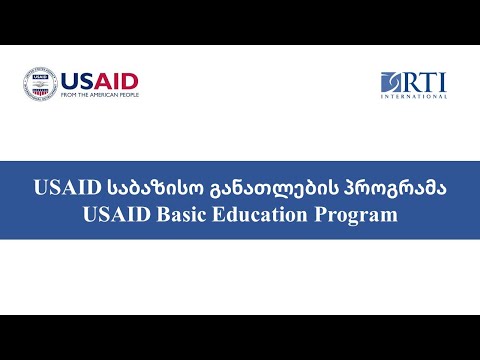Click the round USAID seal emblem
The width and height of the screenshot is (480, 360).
point(40,84)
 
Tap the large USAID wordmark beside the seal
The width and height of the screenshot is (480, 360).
point(99,80)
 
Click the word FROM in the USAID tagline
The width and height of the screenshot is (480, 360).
point(70,95)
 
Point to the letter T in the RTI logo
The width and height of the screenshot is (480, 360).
point(427,80)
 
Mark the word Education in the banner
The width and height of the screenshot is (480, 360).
point(262,213)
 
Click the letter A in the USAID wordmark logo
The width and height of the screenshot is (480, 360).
point(104,80)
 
